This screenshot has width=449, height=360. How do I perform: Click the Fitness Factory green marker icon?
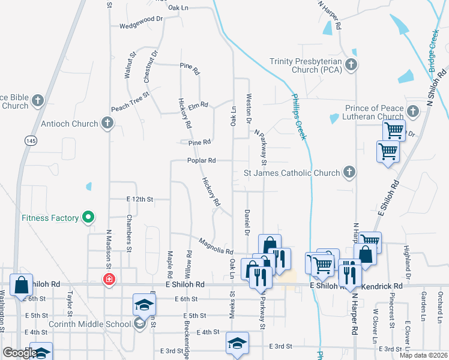(88, 217)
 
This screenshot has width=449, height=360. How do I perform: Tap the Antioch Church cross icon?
(107, 124)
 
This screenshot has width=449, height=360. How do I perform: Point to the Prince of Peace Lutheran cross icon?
(413, 112)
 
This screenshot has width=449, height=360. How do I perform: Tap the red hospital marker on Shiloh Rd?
(109, 279)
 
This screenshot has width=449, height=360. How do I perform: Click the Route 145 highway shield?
(30, 140)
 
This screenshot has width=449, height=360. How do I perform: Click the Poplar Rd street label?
(201, 161)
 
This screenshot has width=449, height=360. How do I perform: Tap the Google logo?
(19, 353)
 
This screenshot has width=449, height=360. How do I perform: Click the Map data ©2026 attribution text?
(423, 355)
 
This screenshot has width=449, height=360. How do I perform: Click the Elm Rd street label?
(197, 105)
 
